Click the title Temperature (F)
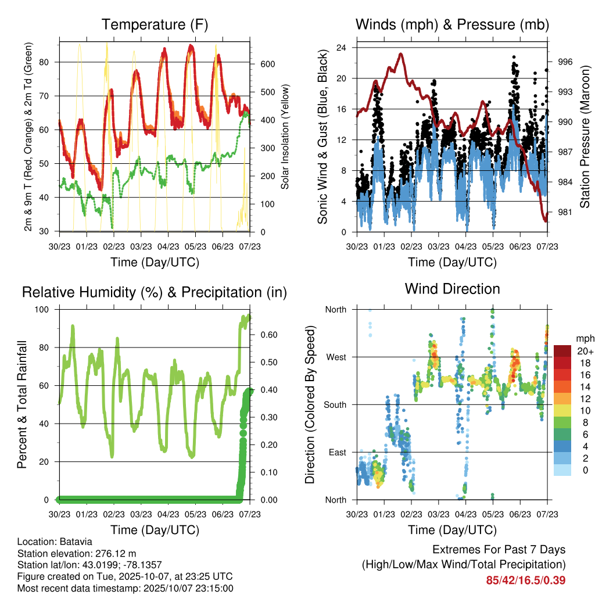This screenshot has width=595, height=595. [x=155, y=25]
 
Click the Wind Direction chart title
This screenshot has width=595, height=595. [x=452, y=288]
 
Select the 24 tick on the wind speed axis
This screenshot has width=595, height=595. [x=342, y=48]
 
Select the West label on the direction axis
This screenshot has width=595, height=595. [x=335, y=357]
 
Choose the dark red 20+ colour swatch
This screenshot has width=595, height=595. [x=563, y=351]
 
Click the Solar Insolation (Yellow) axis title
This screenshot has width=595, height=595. [x=285, y=137]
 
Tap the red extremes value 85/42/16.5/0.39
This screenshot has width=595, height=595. [x=526, y=580]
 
